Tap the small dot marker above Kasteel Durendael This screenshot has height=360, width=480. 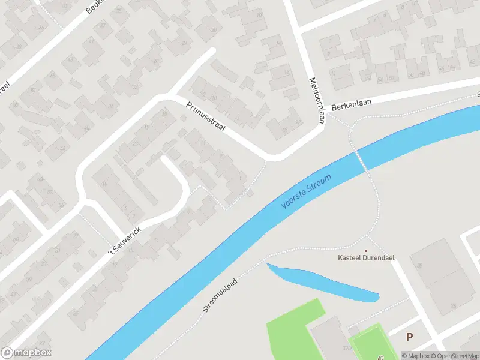coord(365,250)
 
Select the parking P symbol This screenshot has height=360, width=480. coord(409,337)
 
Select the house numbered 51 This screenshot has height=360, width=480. coord(34,91)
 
